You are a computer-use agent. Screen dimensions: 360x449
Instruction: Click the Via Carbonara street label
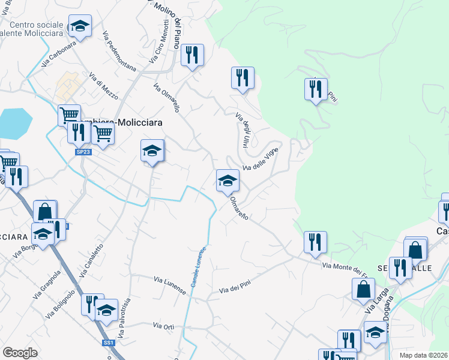59,53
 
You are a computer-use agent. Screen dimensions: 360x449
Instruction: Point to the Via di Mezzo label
103,86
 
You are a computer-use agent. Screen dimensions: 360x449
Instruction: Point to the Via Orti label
163,326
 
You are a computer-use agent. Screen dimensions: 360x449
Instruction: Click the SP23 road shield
84,152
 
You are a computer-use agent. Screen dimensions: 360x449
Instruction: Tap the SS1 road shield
109,342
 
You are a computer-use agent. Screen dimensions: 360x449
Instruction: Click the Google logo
20,353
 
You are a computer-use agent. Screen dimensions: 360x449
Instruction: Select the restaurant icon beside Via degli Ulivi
243,77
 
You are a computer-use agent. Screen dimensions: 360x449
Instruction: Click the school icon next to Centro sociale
79,26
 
